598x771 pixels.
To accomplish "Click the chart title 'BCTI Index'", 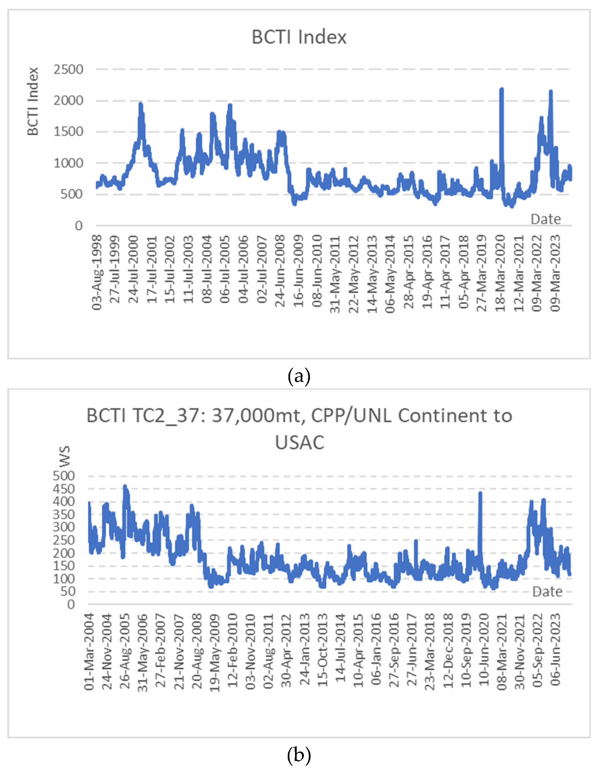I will click(x=299, y=37).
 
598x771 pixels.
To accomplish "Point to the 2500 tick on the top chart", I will click(x=68, y=70).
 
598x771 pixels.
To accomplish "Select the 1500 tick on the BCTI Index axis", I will click(x=68, y=132).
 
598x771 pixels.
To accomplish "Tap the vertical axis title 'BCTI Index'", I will click(x=33, y=101).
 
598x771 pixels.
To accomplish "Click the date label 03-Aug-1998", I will click(x=97, y=273).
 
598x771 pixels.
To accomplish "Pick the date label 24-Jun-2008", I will click(x=280, y=271).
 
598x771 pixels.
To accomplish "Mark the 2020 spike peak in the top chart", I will click(x=501, y=89).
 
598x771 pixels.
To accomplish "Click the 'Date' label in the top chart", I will click(x=546, y=219).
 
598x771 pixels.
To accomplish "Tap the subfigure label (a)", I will click(x=299, y=376).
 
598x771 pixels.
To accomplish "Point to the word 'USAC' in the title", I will click(x=299, y=442).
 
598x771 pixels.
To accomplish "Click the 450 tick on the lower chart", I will click(x=64, y=489).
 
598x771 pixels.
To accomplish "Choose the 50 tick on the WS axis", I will click(x=67, y=591).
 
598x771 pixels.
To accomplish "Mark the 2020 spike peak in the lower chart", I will click(x=480, y=493).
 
